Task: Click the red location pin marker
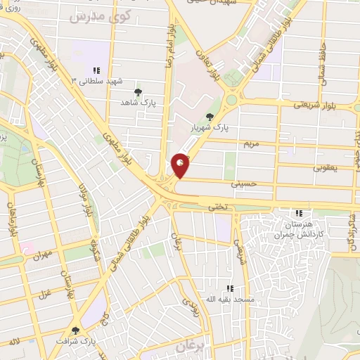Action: click(181, 166)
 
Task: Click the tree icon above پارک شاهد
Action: click(138, 92)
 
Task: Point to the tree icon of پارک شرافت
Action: click(76, 330)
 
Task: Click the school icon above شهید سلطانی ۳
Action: click(96, 70)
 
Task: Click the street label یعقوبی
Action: click(326, 168)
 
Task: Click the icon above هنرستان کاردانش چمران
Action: click(299, 213)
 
